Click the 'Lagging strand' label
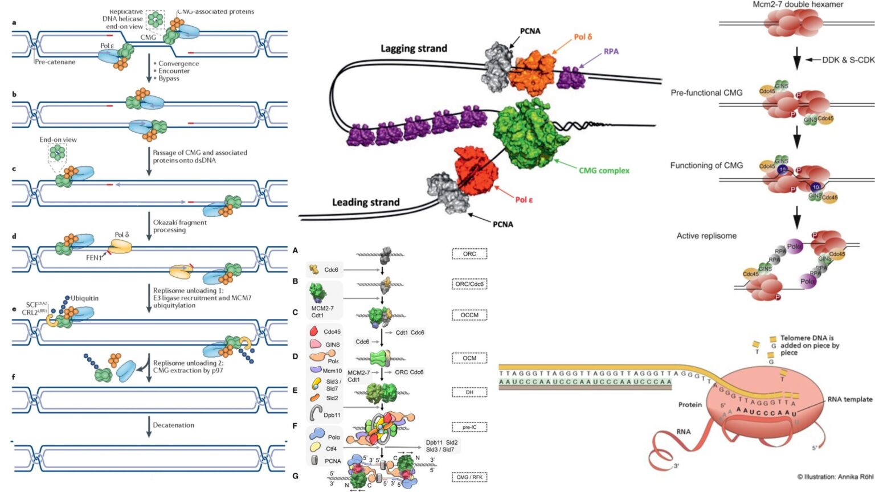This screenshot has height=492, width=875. click(x=414, y=49)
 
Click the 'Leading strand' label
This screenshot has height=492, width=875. click(x=366, y=202)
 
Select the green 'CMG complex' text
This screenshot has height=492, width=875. click(x=604, y=170)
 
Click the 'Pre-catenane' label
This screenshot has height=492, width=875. click(x=55, y=62)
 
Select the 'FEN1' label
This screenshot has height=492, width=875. click(x=94, y=258)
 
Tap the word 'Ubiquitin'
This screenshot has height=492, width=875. click(x=85, y=298)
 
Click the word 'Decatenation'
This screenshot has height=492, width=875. click(x=173, y=425)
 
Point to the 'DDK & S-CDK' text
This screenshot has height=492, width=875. click(x=848, y=60)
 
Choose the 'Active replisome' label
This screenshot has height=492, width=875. click(x=706, y=236)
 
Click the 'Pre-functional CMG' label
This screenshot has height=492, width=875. click(x=706, y=93)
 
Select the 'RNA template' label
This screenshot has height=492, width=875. click(x=850, y=399)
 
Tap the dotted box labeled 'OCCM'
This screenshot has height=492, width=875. click(x=469, y=315)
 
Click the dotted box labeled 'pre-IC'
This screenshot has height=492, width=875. click(x=469, y=427)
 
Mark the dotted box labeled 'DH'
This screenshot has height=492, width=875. click(x=469, y=392)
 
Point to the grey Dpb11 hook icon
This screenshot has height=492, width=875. click(x=316, y=413)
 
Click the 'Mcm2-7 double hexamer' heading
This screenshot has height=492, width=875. click(x=798, y=5)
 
